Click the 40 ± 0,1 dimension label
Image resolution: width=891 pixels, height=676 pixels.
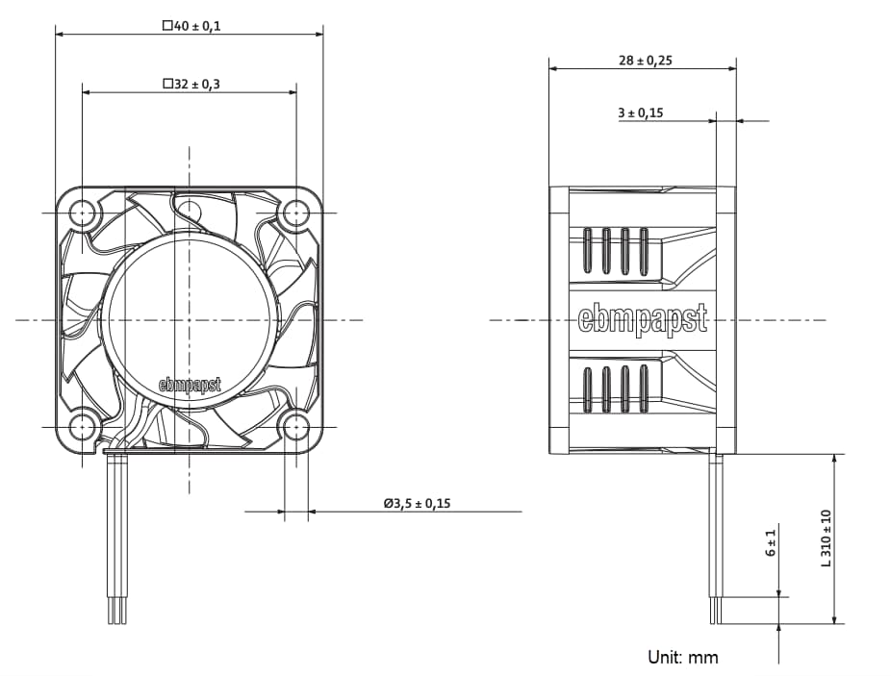tap(191, 26)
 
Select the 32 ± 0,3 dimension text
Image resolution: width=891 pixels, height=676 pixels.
tap(191, 85)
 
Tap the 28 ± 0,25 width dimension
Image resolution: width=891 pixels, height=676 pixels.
tap(645, 60)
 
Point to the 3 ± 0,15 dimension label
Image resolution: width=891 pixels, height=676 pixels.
tap(640, 113)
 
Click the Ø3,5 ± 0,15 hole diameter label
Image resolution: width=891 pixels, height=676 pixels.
tap(416, 503)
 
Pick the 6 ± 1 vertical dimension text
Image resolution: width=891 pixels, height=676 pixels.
tap(771, 542)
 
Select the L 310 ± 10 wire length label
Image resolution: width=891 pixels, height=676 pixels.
tap(826, 538)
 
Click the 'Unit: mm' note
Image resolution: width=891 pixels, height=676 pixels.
tap(682, 658)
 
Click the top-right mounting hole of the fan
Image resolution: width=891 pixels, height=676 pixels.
tap(295, 212)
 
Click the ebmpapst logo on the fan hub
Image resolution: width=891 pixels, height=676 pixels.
tap(190, 385)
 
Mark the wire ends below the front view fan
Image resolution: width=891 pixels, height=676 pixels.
tap(116, 611)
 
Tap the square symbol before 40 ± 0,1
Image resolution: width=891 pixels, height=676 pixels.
tap(166, 26)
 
